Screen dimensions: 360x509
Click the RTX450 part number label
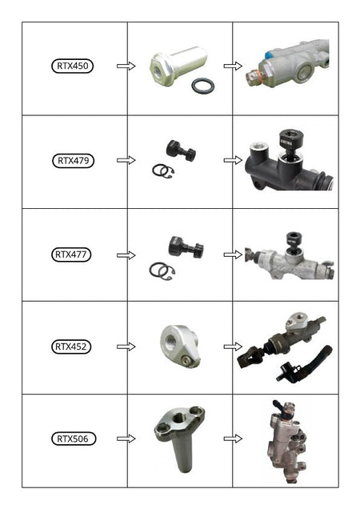tap(72, 66)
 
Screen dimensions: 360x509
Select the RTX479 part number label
tap(73, 161)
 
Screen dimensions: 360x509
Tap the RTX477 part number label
tap(71, 254)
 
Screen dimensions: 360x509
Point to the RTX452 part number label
tap(71, 347)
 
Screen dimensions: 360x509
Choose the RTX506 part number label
tap(74, 439)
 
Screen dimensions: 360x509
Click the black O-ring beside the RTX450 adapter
tap(203, 86)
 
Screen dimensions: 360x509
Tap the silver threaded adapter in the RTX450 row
tap(178, 66)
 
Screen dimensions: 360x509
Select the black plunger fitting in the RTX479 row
tap(181, 150)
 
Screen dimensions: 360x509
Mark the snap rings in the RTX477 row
tap(162, 271)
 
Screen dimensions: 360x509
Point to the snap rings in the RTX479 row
tap(163, 170)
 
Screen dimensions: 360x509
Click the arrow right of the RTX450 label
tap(126, 66)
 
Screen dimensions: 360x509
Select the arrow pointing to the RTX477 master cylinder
tap(233, 254)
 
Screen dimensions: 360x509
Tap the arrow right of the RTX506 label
tap(126, 439)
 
